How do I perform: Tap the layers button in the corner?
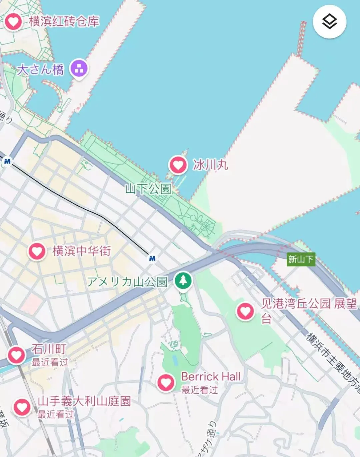tap(329, 22)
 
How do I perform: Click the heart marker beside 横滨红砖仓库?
tap(13, 22)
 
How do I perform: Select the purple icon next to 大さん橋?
tap(79, 69)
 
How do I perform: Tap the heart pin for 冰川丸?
tap(178, 165)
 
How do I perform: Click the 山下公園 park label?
tap(148, 189)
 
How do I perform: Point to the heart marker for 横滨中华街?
tap(37, 251)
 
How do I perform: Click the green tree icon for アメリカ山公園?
tap(183, 280)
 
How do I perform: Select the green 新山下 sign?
tap(301, 259)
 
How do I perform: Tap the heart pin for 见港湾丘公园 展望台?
tap(245, 311)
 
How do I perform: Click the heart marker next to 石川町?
tap(16, 355)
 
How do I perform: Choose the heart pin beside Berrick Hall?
tap(166, 382)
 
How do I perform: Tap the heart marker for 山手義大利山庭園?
tap(22, 407)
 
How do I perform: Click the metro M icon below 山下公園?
tap(152, 258)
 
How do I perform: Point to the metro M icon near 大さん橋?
tap(7, 162)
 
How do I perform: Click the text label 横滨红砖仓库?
tap(64, 22)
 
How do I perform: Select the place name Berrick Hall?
tap(211, 377)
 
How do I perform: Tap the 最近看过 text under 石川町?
tap(50, 362)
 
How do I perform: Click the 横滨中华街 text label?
tap(81, 251)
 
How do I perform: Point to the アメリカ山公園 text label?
tap(127, 282)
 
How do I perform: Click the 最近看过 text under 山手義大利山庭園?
tap(55, 414)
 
